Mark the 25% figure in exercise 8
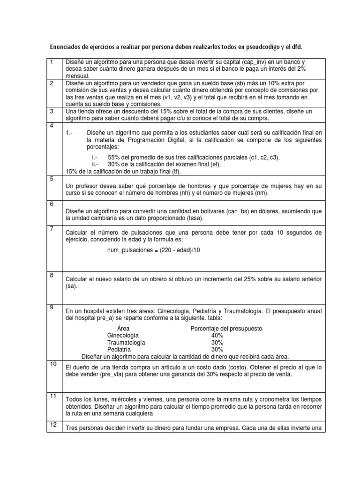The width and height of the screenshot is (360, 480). tap(252, 279)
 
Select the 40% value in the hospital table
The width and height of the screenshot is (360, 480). tap(217, 336)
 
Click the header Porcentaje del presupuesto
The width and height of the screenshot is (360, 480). tap(226, 328)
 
